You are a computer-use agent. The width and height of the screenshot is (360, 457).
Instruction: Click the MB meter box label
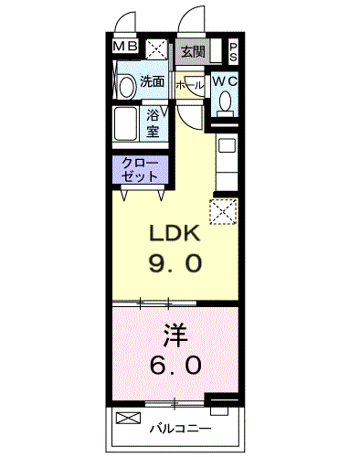125,47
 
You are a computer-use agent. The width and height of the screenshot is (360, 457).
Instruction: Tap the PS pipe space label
233,52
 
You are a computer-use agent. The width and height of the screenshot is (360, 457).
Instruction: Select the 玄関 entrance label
193,52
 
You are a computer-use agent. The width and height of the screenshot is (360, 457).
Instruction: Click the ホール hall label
189,85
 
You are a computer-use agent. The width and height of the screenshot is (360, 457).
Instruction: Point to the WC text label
225,81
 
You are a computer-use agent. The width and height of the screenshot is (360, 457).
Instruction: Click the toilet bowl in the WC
226,101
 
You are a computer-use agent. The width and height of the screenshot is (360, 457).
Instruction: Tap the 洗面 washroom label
152,81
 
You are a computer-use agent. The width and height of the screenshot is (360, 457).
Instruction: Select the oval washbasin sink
126,87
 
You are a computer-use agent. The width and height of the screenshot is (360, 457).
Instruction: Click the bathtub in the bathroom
125,123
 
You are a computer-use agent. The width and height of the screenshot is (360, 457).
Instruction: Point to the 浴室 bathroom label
153,123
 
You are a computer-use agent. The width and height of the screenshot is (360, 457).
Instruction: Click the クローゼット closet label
140,170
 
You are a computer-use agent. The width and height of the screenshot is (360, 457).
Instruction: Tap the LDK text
175,233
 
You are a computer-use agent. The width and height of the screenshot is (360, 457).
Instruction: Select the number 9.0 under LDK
175,263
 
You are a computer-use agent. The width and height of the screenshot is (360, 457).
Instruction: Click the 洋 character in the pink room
175,335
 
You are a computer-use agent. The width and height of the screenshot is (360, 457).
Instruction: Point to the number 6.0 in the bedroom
175,365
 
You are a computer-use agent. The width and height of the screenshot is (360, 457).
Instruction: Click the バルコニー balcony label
180,429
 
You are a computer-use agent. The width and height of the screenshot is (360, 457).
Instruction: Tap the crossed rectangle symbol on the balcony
129,418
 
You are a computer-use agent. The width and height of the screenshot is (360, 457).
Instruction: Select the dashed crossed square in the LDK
223,212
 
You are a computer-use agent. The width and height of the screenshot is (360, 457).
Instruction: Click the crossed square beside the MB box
156,49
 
